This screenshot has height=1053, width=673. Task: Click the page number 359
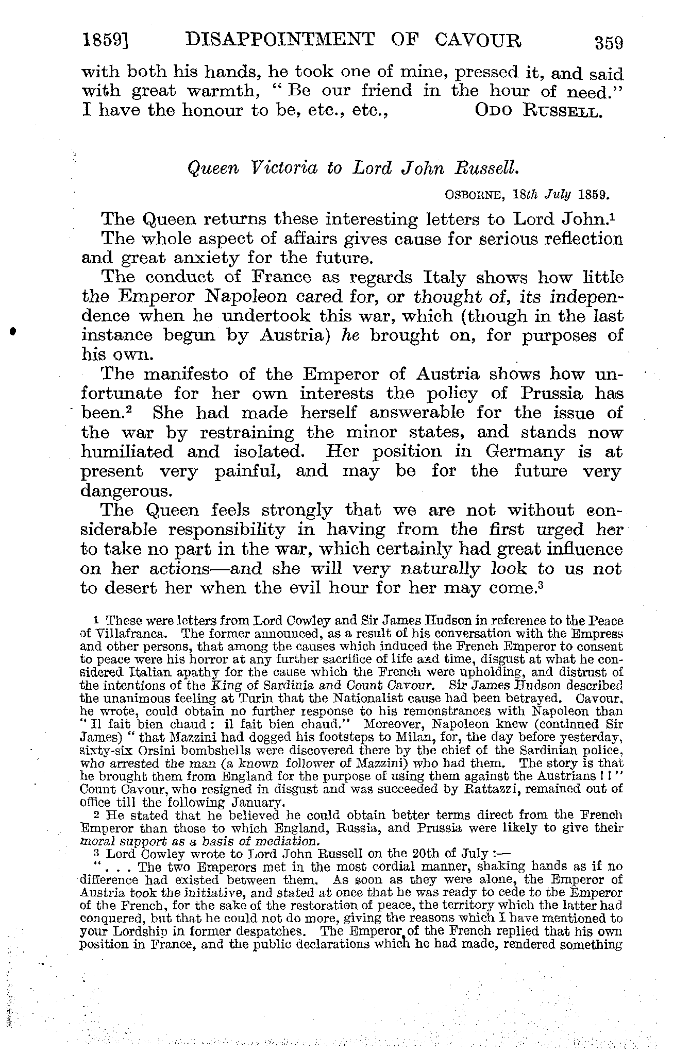point(609,42)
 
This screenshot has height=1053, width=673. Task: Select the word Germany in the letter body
point(525,452)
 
